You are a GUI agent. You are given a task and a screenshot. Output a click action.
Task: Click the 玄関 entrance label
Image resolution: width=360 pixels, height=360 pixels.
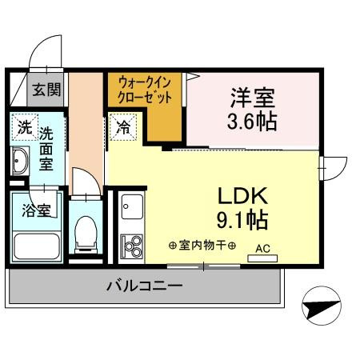click(46, 89)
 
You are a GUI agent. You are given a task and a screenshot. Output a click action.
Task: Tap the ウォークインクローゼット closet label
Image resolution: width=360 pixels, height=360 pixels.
click(146, 87)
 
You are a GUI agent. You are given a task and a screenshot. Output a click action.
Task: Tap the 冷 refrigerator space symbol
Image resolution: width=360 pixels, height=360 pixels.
click(124, 126)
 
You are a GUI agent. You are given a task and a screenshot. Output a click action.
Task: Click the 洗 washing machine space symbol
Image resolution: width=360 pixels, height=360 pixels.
click(25, 127)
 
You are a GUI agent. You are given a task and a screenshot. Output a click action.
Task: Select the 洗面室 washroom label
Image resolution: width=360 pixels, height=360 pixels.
click(47, 148)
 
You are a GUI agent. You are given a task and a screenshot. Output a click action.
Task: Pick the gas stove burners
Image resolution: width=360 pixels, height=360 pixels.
click(130, 245)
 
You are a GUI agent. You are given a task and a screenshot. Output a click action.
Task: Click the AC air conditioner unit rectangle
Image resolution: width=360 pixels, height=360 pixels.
click(262, 258)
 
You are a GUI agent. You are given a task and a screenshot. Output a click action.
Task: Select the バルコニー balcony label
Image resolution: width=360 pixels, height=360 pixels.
click(144, 286)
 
